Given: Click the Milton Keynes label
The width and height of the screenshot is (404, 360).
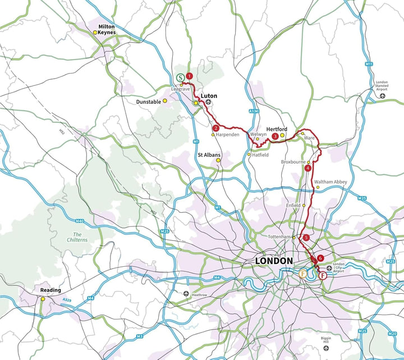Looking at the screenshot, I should tap(106, 29).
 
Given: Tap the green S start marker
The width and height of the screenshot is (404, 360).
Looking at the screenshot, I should tap(179, 78).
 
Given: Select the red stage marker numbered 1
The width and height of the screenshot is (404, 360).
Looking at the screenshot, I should tap(190, 75).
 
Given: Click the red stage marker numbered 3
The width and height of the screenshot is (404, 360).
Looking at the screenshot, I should tap(275, 136).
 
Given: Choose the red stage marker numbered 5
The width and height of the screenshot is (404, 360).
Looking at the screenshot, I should tap(306, 238).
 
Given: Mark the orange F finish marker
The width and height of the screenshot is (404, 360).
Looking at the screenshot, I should tap(303, 274).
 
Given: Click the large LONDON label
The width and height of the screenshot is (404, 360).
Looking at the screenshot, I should tap(274, 261).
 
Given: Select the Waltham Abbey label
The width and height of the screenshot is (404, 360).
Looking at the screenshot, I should tap(330, 182).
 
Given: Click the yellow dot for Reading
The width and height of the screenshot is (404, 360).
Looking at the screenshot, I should tap(43, 299).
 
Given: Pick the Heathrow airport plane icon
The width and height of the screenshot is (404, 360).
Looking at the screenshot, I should tap(187, 294).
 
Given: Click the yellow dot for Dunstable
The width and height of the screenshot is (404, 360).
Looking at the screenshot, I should tap(165, 101).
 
